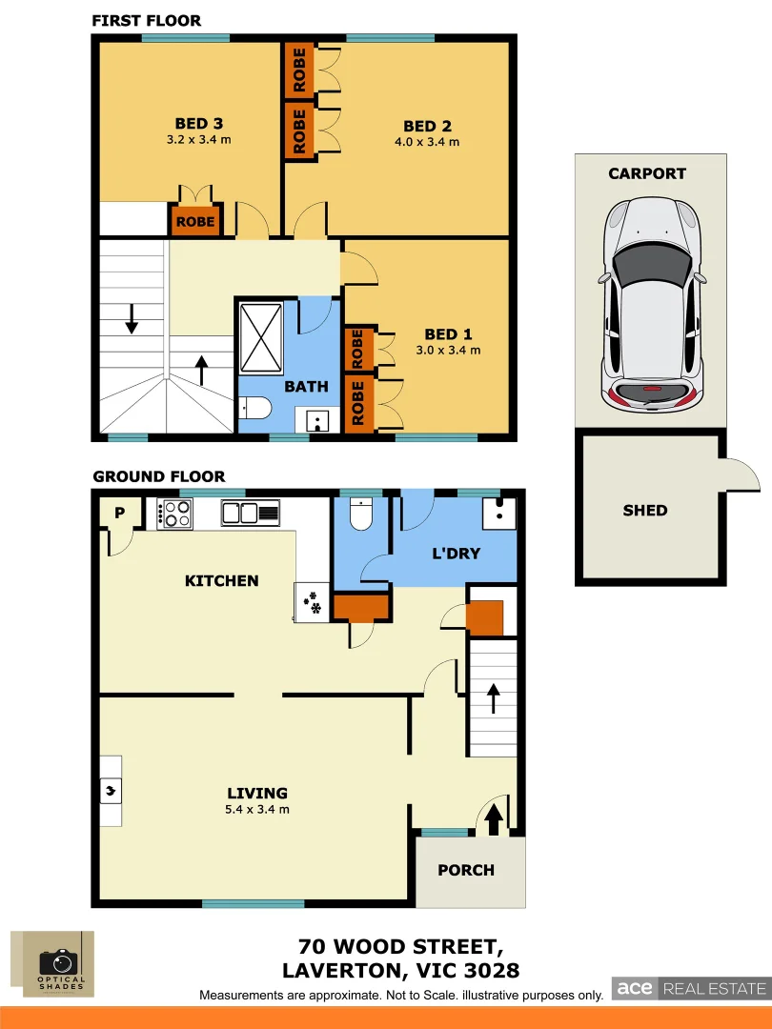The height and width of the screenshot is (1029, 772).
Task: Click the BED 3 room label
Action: (x=199, y=124)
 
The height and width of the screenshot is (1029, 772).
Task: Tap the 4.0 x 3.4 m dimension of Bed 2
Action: (x=426, y=142)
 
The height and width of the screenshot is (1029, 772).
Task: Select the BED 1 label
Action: (x=448, y=334)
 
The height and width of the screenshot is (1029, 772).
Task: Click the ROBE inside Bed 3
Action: (x=195, y=222)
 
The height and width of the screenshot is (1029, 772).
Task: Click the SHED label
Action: (x=645, y=511)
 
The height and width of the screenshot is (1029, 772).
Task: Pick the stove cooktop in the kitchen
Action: (x=175, y=514)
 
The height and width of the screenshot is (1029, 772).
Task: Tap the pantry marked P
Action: (x=119, y=513)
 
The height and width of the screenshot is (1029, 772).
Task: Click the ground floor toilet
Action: (x=361, y=515)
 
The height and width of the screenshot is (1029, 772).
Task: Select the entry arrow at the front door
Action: (x=494, y=818)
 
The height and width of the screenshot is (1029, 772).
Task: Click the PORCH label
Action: (x=466, y=870)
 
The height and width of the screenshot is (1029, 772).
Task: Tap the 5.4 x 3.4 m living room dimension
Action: (x=257, y=810)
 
